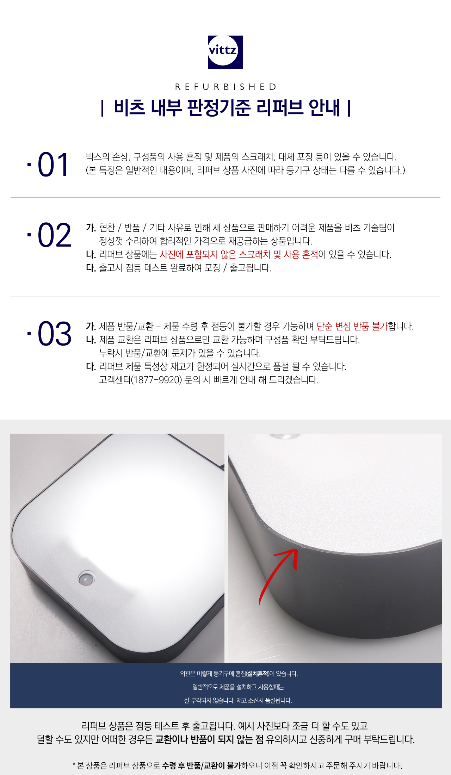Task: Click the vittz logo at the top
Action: (225, 52)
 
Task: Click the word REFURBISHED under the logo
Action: (226, 87)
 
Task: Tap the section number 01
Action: (53, 165)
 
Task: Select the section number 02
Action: (54, 235)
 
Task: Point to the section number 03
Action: (54, 334)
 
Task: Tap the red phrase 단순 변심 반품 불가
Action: (352, 327)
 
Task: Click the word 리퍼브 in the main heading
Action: (280, 108)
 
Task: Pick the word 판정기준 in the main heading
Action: (219, 108)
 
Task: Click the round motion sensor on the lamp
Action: (86, 578)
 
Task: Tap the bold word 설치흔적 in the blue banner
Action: (258, 674)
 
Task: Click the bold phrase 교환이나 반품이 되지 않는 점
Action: (209, 739)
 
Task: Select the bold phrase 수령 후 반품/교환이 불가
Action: (202, 765)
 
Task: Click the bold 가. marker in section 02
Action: (91, 228)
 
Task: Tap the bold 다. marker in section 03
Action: (91, 367)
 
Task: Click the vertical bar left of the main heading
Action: (102, 108)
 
